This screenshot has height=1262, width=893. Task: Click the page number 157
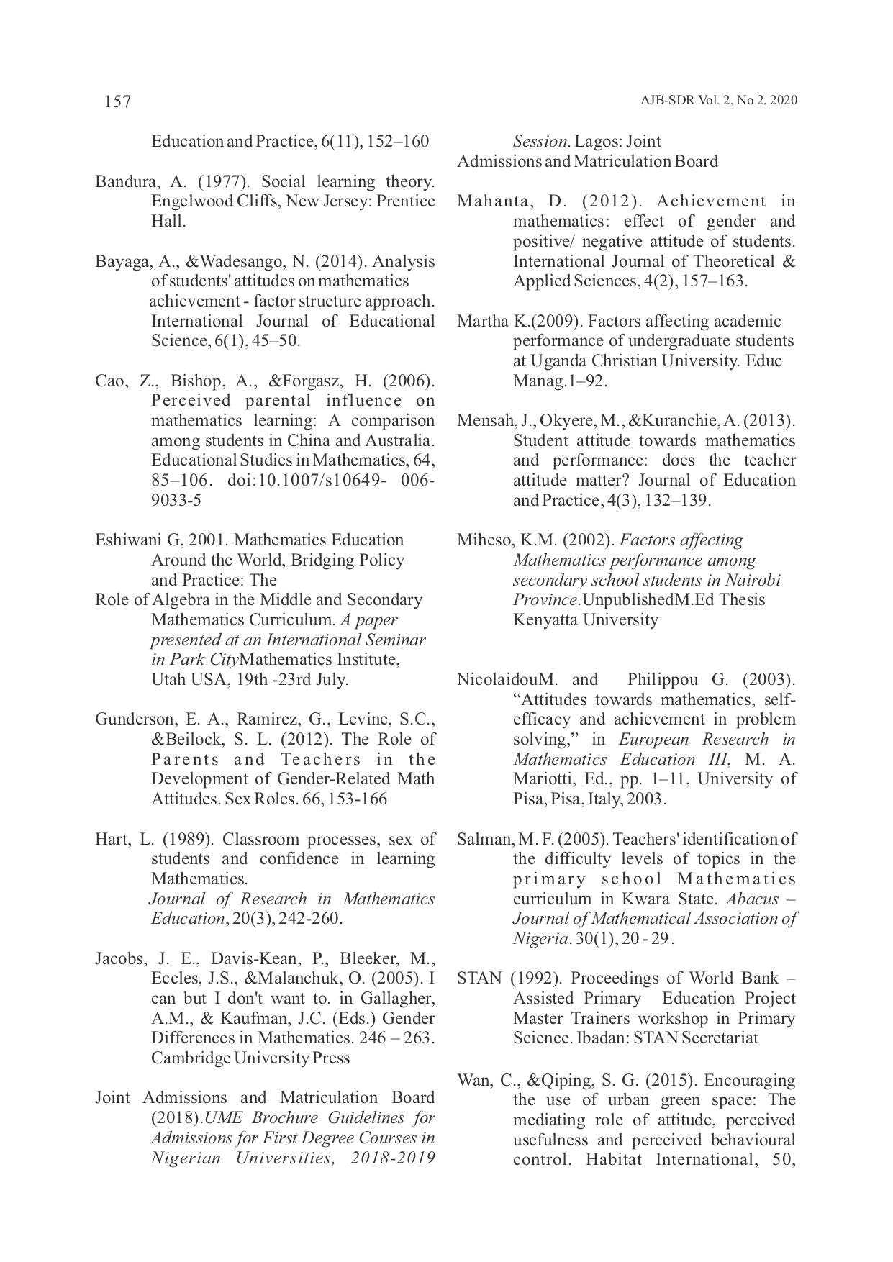(117, 101)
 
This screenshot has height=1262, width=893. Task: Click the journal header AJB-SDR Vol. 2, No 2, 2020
(718, 101)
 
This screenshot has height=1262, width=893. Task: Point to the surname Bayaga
(117, 261)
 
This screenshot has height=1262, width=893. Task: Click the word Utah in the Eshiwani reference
(167, 679)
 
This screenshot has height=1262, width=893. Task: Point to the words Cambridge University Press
(250, 1058)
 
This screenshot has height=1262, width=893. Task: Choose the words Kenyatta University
(585, 619)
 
